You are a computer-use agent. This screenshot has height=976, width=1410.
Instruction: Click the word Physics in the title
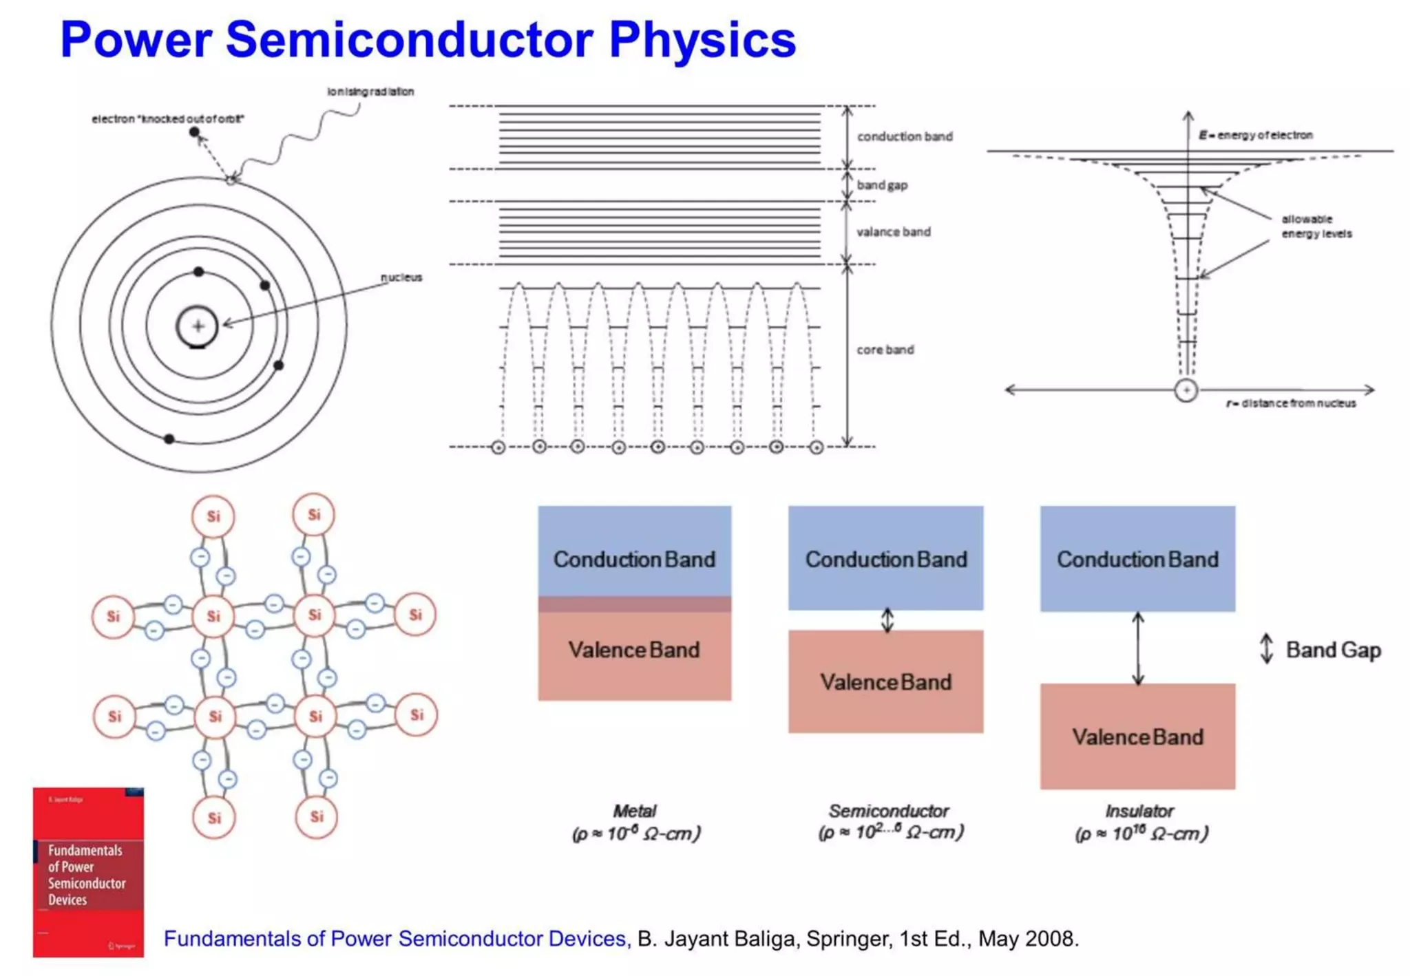click(702, 40)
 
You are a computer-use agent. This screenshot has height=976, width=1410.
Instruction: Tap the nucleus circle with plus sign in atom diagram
click(198, 326)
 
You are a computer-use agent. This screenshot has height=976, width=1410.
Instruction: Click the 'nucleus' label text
click(401, 277)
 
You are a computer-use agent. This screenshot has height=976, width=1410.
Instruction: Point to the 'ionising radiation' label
click(370, 92)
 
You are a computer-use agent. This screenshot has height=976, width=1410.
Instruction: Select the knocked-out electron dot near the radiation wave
click(194, 131)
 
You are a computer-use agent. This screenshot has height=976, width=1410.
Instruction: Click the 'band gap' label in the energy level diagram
click(882, 185)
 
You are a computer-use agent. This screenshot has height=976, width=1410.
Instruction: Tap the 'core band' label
click(885, 350)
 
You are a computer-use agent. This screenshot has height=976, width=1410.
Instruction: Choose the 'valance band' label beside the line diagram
click(893, 232)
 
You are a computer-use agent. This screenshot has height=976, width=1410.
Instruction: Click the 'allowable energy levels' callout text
click(1316, 226)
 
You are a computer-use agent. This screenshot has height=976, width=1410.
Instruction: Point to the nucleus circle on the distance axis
click(1186, 390)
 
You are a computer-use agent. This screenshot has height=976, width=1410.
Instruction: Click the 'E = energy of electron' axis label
click(1255, 135)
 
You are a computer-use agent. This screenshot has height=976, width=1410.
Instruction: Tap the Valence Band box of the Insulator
click(1137, 736)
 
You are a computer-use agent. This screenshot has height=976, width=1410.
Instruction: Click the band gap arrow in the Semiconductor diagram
click(887, 620)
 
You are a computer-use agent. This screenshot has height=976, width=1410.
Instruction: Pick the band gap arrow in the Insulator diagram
click(1138, 648)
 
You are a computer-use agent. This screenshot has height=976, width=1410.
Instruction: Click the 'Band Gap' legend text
click(1333, 650)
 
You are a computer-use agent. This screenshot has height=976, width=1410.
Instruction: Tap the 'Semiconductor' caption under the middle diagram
click(888, 811)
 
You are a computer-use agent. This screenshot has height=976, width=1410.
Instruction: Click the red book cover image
click(88, 872)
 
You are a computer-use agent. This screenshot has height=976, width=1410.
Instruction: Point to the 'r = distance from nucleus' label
click(1291, 403)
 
